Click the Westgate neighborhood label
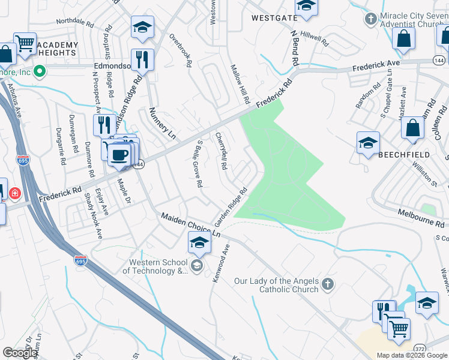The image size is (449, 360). (274, 18)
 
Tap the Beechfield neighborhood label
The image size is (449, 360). (404, 154)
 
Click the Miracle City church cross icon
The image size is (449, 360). (371, 19)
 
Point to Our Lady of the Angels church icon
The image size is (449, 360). (327, 284)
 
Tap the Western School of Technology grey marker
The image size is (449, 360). (196, 266)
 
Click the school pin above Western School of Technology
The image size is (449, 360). (199, 243)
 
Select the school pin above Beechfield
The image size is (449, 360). (368, 143)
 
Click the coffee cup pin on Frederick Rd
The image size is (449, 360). (121, 154)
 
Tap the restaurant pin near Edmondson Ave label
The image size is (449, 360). (142, 59)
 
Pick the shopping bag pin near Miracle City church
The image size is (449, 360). (403, 38)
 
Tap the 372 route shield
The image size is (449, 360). (420, 347)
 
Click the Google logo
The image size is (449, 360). (20, 353)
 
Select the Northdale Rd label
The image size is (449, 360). (75, 23)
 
